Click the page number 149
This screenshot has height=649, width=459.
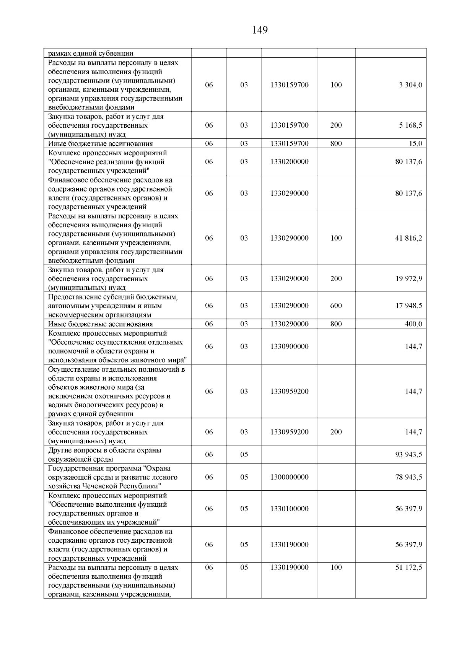point(260,30)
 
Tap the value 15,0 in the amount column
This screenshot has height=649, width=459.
point(416,144)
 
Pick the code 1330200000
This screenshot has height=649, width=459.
point(289,162)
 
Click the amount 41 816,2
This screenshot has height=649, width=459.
point(409,238)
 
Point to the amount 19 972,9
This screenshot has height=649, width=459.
point(409,279)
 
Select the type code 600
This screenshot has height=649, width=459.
point(336,306)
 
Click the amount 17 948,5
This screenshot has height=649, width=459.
point(409,306)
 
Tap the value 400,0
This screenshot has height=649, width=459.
point(413,324)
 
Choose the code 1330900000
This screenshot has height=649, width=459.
point(289,346)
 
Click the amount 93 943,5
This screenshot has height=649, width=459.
point(409,455)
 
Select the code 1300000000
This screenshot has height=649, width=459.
point(289,477)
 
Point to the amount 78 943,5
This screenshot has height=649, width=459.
point(409,477)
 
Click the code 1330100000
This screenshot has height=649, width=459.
point(289,509)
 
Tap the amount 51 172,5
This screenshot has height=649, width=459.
point(409,568)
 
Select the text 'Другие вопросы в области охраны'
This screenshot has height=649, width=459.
point(104,450)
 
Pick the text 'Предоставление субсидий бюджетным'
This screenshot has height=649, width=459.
point(113,297)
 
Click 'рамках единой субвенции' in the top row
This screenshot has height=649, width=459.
point(91,54)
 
